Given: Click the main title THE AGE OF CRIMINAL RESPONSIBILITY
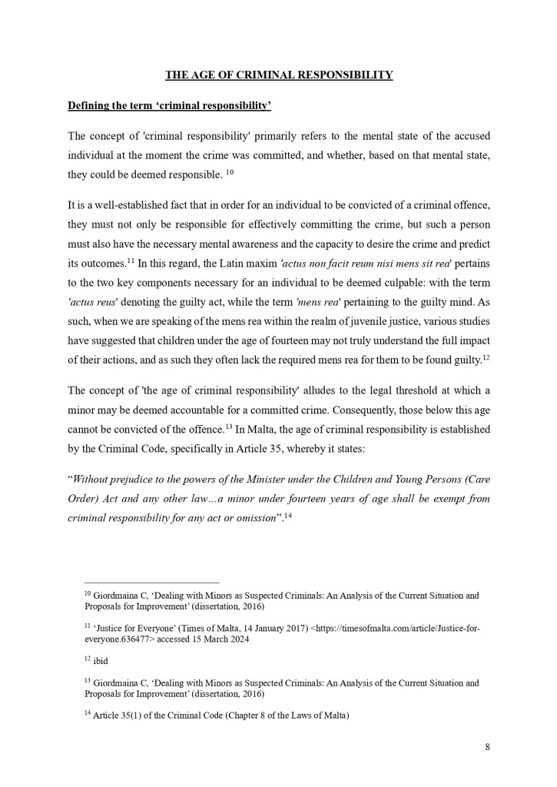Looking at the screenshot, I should point(280,75).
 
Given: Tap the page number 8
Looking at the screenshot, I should point(487,746).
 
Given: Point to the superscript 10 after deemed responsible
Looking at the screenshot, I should point(230,173).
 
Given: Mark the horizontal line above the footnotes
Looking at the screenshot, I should point(151,583).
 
